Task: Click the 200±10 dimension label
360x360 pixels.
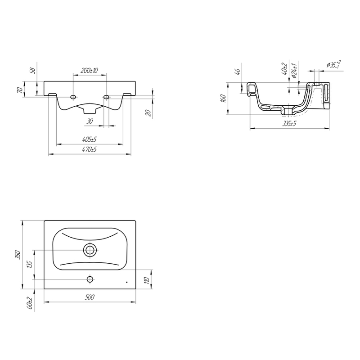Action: [x=89, y=71]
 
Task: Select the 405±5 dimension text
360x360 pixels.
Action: [x=90, y=139]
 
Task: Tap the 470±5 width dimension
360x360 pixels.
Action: [x=90, y=149]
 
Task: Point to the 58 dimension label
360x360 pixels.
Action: [x=33, y=70]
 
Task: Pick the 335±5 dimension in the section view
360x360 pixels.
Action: [x=289, y=124]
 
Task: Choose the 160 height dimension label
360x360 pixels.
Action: [x=223, y=98]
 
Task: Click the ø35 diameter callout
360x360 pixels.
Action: [x=333, y=65]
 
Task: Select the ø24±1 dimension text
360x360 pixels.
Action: [x=294, y=70]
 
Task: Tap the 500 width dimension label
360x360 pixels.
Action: [x=90, y=297]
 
